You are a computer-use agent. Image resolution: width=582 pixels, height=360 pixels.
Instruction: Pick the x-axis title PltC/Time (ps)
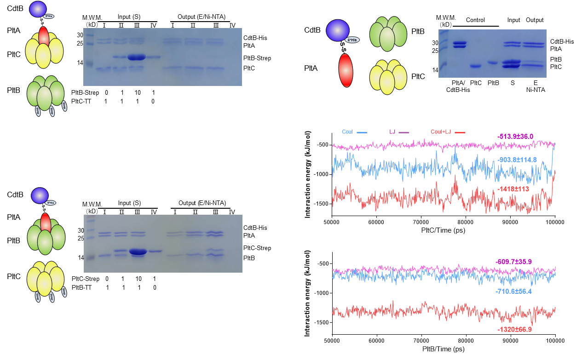pyautogui.click(x=443, y=230)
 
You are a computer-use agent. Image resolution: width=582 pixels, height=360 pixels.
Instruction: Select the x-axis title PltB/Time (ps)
pyautogui.click(x=444, y=350)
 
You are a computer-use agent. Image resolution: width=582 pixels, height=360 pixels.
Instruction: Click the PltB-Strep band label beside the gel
pyautogui.click(x=257, y=58)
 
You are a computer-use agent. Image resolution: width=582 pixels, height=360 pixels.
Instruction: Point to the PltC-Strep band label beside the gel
pyautogui.click(x=257, y=248)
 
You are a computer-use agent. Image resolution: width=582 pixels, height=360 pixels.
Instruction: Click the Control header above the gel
pyautogui.click(x=475, y=20)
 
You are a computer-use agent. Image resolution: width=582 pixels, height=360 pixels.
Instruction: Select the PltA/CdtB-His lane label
pyautogui.click(x=458, y=86)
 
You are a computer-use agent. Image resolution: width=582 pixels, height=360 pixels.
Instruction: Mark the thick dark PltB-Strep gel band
pyautogui.click(x=137, y=57)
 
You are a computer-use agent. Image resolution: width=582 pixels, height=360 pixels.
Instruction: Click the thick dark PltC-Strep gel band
pyautogui.click(x=138, y=251)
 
